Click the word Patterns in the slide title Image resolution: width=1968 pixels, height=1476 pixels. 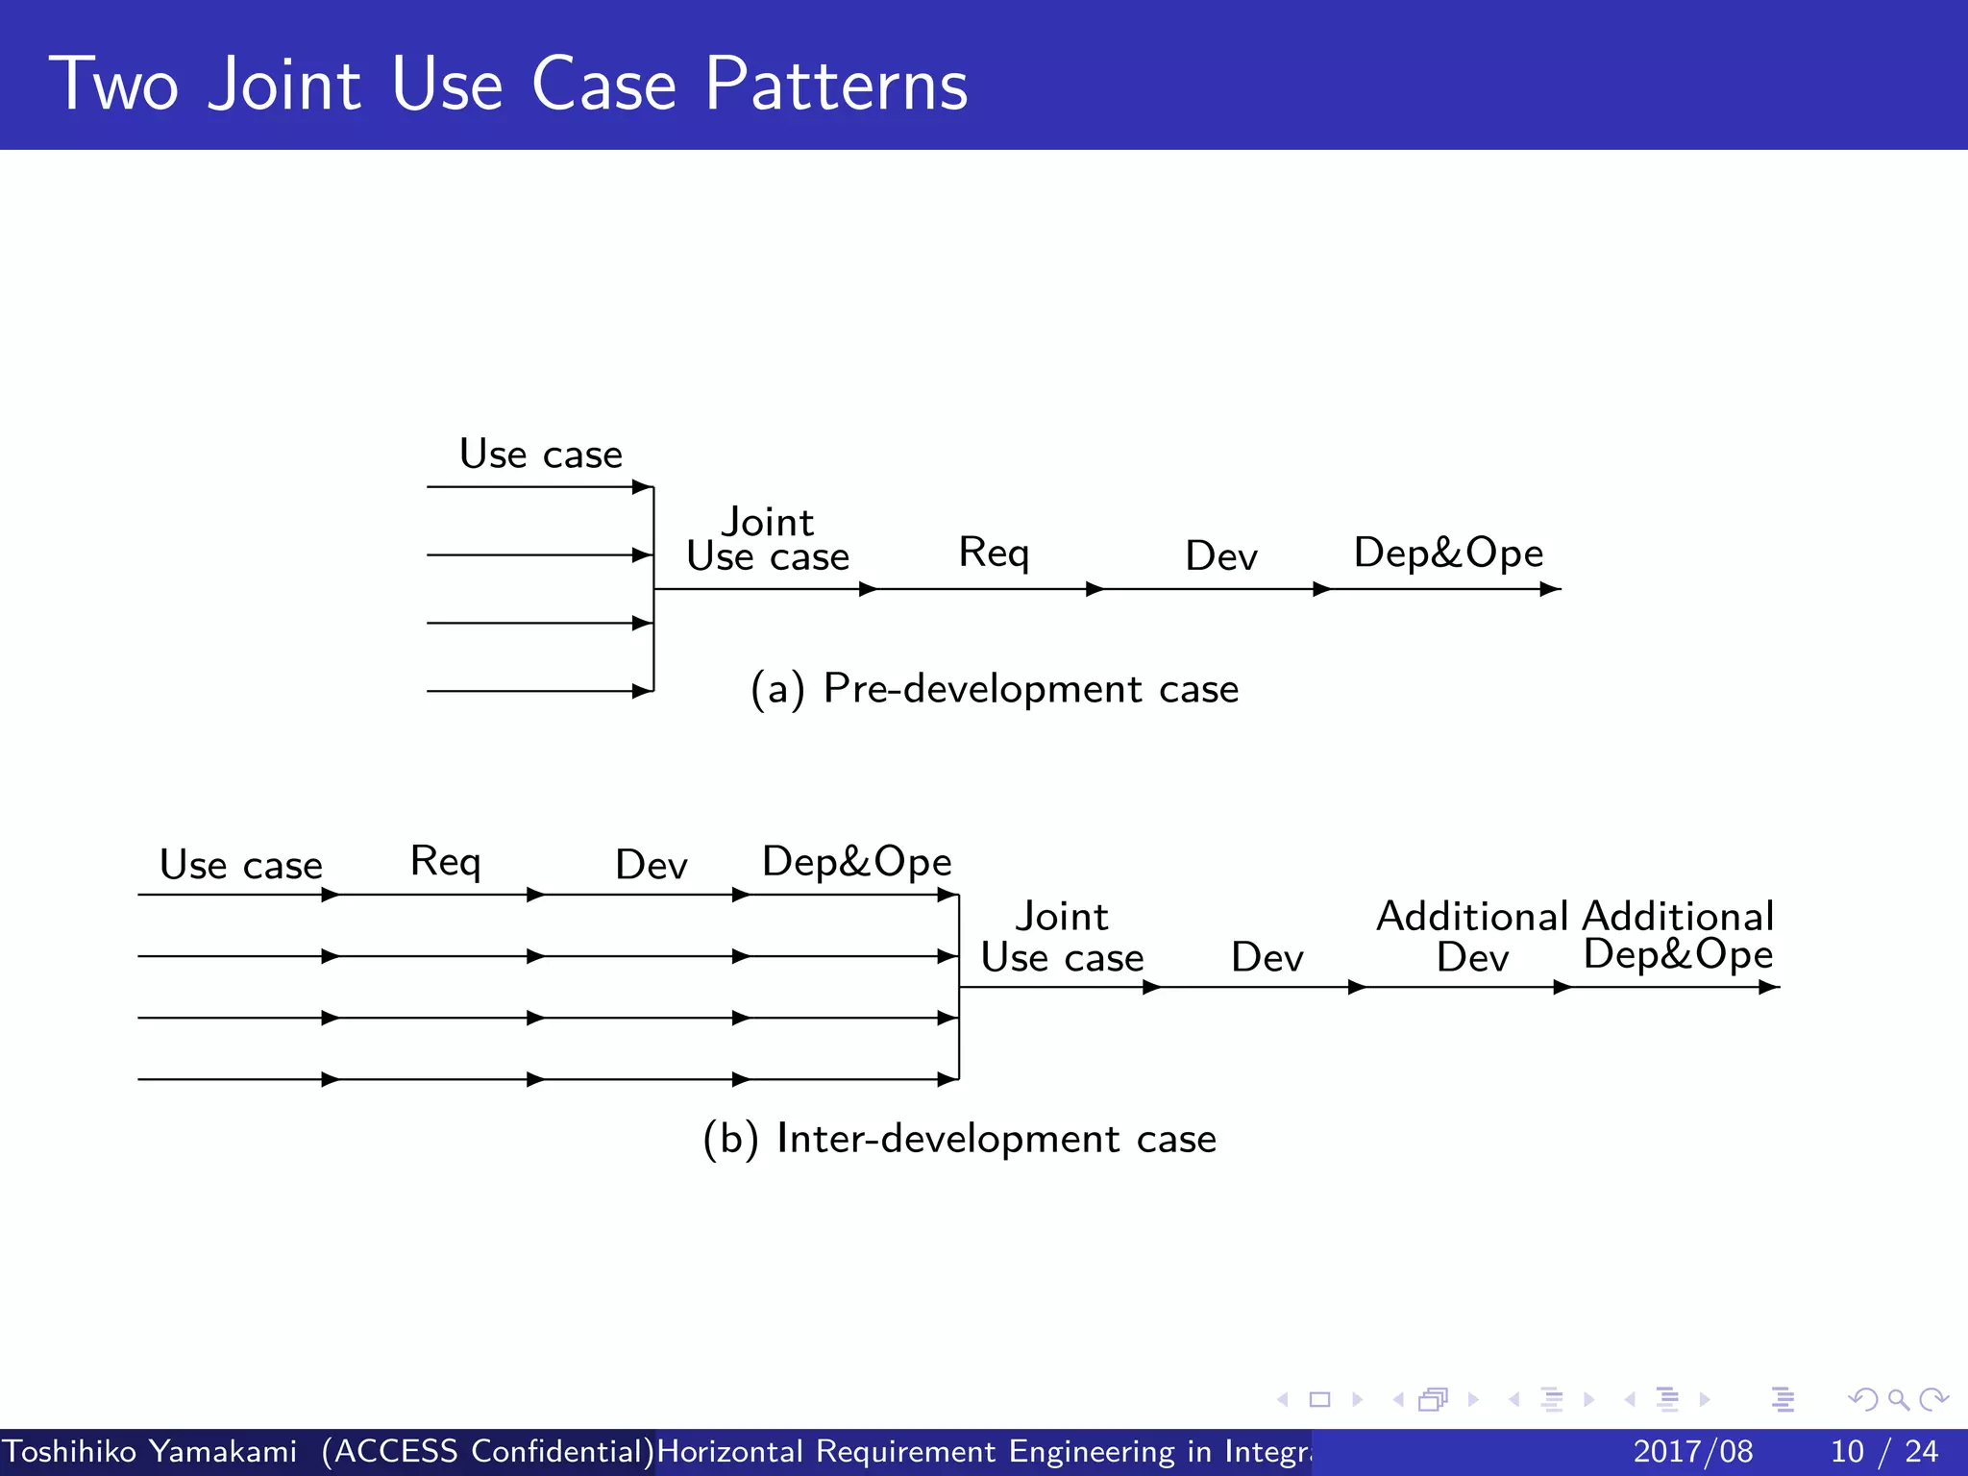pyautogui.click(x=836, y=85)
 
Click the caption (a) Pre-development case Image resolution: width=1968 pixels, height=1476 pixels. pyautogui.click(x=995, y=689)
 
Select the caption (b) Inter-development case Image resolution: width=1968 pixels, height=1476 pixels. pyautogui.click(x=959, y=1139)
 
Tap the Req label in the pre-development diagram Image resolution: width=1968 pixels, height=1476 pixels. pyautogui.click(x=994, y=553)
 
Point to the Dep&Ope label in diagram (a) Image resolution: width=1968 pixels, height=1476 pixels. pyautogui.click(x=1448, y=553)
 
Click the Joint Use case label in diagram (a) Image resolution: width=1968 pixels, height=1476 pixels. pyautogui.click(x=768, y=540)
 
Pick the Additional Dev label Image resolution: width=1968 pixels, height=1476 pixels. pyautogui.click(x=1472, y=937)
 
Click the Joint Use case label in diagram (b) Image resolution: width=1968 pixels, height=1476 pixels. pyautogui.click(x=1062, y=937)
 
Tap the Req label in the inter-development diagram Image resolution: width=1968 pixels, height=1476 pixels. pyautogui.click(x=445, y=862)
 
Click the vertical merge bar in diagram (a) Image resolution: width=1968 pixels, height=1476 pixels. pyautogui.click(x=653, y=588)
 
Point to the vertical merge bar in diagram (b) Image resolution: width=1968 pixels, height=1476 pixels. pyautogui.click(x=959, y=987)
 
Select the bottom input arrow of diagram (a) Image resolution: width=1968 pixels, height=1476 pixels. pyautogui.click(x=538, y=691)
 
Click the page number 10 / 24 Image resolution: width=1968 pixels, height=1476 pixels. pyautogui.click(x=1883, y=1451)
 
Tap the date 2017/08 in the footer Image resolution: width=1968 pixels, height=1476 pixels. pyautogui.click(x=1692, y=1451)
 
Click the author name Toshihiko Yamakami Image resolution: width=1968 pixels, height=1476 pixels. pyautogui.click(x=150, y=1451)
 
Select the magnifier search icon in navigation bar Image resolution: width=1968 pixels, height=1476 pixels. pyautogui.click(x=1898, y=1399)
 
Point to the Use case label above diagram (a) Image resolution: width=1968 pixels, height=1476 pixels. pyautogui.click(x=541, y=455)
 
